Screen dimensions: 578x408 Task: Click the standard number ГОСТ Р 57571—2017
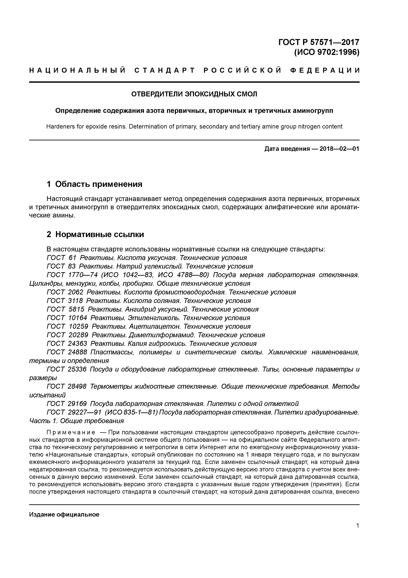click(x=319, y=42)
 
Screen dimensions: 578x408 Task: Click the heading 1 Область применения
click(x=95, y=184)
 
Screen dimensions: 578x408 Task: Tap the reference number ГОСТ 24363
click(x=67, y=344)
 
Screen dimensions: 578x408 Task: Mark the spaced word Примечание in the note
click(x=71, y=433)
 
